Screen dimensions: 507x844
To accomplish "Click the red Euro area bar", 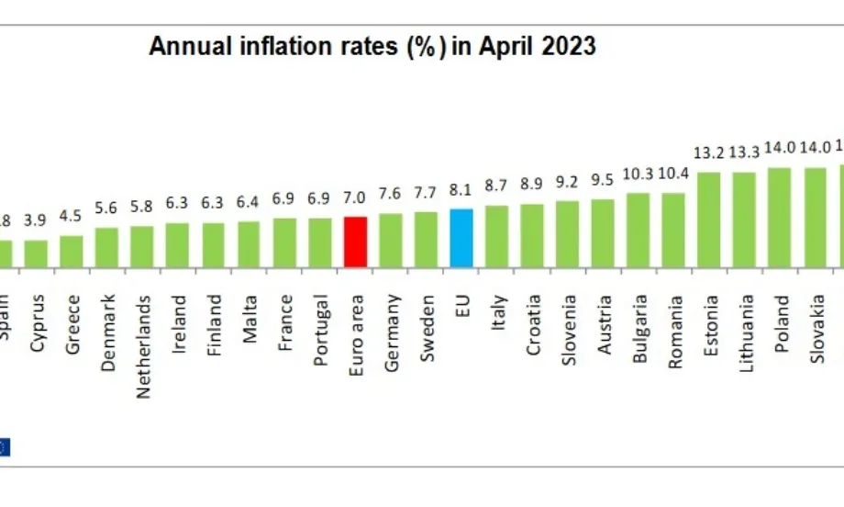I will (x=354, y=242).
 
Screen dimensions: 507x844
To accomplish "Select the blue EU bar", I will (x=461, y=238).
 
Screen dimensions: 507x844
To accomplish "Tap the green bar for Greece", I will (x=72, y=251).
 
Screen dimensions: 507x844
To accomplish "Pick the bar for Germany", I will (x=391, y=240).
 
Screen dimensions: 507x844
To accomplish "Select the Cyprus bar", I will (x=37, y=253).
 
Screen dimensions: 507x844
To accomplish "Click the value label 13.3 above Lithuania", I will (x=744, y=152).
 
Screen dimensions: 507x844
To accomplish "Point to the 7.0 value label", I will (x=354, y=198).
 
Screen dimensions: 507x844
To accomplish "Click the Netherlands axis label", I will (x=143, y=346).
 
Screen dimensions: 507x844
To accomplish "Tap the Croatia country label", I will (x=532, y=325).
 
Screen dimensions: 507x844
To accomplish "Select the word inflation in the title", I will (x=278, y=46).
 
